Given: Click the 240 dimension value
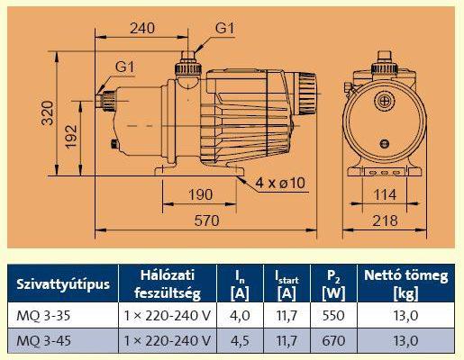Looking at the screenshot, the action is coord(142,28).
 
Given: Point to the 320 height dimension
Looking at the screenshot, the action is coord(48,112).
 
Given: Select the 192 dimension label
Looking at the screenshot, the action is coord(71,137).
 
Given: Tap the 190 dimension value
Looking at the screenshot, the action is coord(201,194).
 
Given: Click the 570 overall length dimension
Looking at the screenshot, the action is coord(206,220).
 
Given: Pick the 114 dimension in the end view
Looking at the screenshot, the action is coord(385,195).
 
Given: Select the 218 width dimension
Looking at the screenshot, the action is coord(385,220).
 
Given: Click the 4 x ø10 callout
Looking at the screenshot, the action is coord(280,183).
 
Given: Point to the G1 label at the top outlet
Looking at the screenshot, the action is coord(224,29).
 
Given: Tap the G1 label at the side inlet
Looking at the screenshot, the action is coord(125,67).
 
